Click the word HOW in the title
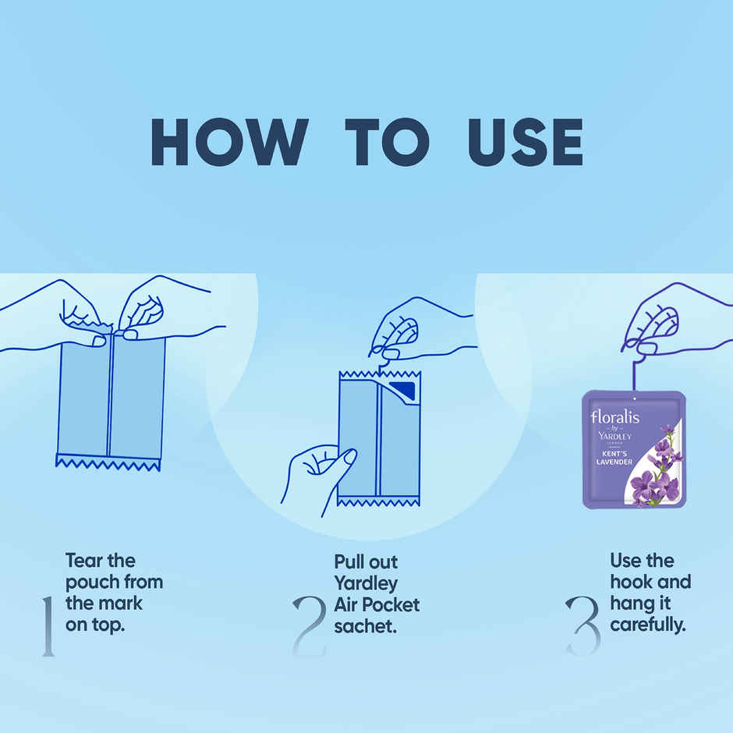tap(229, 142)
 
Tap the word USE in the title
tap(526, 142)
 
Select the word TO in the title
tap(387, 142)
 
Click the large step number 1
tap(48, 626)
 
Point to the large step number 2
tap(309, 625)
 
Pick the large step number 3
tap(583, 625)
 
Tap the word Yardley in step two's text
tap(366, 583)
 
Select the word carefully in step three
tap(648, 625)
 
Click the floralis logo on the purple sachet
tap(614, 416)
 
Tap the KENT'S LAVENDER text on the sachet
tap(614, 458)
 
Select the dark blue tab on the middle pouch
tap(403, 391)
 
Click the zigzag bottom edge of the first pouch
tap(108, 462)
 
